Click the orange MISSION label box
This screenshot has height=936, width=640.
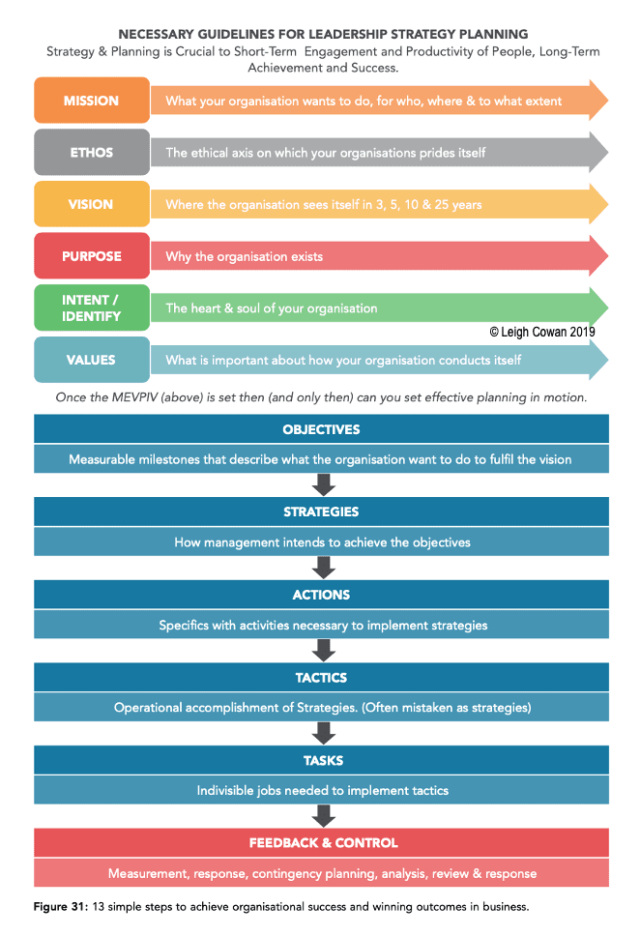tap(91, 101)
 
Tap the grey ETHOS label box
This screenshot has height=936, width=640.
tap(91, 152)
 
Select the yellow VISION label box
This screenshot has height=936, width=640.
tap(91, 204)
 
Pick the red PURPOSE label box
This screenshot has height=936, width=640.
tap(91, 256)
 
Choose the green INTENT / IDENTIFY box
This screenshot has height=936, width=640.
tap(91, 308)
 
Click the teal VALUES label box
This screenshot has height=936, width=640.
tap(91, 360)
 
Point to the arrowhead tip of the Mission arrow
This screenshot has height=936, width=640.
tap(608, 101)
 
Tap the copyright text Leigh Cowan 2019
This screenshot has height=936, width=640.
tap(542, 332)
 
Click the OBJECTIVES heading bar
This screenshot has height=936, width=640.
tap(321, 429)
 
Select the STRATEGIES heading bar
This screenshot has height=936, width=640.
tap(321, 512)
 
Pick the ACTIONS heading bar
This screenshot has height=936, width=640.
tap(321, 595)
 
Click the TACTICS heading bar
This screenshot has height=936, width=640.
tap(321, 678)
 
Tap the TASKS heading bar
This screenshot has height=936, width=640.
tap(321, 760)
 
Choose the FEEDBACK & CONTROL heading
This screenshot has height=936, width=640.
tap(323, 843)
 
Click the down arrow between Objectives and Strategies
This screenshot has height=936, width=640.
tap(324, 484)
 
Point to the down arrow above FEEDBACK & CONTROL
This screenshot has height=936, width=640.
tap(324, 816)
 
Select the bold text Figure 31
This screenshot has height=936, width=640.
tap(61, 907)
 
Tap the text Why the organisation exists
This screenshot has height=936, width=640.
tap(245, 256)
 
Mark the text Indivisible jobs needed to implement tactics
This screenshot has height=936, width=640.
tap(322, 790)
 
